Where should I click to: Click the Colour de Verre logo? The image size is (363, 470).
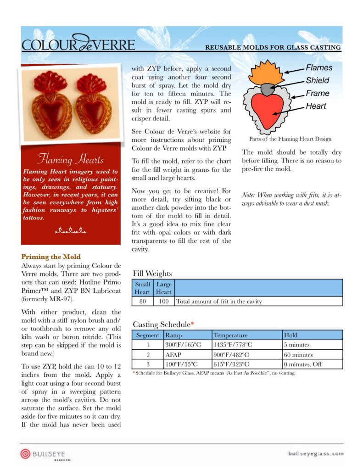(78, 45)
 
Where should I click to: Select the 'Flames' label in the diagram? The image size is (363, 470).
(319, 68)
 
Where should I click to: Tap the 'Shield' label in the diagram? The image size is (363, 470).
(318, 80)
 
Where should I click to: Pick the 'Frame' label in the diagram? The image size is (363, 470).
(318, 93)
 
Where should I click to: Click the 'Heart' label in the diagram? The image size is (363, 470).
(316, 106)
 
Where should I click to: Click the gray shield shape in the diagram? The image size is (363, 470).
(267, 88)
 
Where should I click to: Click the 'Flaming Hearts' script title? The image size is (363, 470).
(70, 160)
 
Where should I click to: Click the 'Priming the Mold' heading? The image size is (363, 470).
(50, 257)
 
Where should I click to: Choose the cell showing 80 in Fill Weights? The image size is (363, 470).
(142, 302)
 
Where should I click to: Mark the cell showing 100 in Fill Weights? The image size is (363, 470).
(163, 302)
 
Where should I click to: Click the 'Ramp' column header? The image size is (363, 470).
(173, 335)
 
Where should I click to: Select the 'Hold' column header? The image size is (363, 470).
(291, 335)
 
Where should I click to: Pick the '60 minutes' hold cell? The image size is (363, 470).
(298, 355)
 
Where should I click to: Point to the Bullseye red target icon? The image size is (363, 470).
(25, 454)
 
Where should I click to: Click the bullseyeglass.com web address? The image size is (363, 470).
(315, 453)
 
